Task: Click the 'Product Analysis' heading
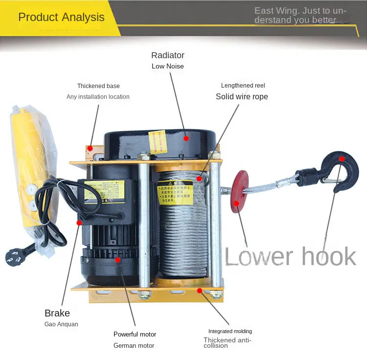(61, 17)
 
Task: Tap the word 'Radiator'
(168, 55)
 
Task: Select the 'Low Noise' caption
(168, 66)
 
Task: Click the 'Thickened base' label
(98, 86)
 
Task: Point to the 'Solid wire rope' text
(242, 96)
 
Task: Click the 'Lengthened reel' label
(243, 86)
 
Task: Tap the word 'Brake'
(57, 313)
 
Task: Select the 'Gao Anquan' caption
(61, 324)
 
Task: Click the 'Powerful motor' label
(135, 334)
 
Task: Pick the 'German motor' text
(134, 345)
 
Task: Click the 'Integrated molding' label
(230, 331)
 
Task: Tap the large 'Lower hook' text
(290, 256)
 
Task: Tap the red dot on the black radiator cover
(186, 138)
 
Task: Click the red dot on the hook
(342, 159)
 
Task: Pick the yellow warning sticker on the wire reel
(175, 193)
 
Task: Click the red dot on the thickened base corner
(90, 148)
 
